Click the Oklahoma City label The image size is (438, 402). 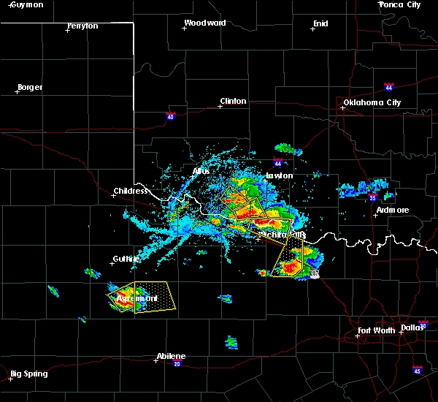372,102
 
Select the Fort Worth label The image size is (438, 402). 377,331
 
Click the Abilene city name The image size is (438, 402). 170,357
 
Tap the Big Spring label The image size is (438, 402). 29,373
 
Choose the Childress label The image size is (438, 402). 130,191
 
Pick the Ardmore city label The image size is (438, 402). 392,211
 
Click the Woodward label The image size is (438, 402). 205,23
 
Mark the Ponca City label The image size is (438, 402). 400,5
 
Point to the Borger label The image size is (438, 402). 29,87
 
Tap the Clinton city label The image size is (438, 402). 233,101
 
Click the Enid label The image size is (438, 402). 320,23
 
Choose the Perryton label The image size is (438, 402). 82,26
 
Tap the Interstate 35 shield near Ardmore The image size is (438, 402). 372,197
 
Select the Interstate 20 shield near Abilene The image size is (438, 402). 177,364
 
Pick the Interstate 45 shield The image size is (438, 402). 417,371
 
